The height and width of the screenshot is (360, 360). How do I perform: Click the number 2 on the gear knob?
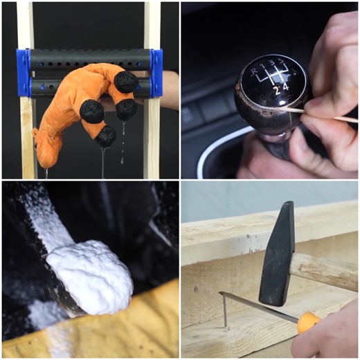275,89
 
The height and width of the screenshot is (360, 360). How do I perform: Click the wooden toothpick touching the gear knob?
325,114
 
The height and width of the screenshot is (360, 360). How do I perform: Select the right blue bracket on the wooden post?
156,73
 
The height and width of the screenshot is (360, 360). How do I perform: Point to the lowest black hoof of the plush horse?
105,136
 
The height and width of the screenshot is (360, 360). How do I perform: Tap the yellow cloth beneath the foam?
138,332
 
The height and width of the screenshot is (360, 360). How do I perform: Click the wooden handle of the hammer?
325,270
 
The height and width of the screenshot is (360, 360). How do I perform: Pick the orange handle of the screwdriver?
307,322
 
